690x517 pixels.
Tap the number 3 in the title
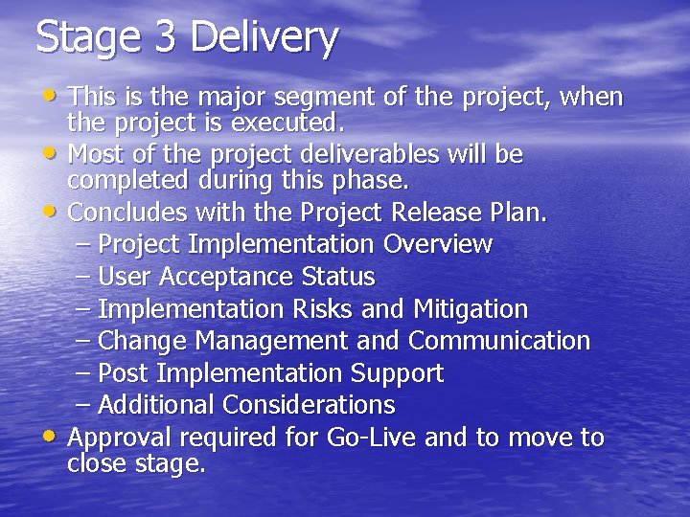click(165, 37)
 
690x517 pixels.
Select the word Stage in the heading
click(86, 38)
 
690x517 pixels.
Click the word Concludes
click(127, 212)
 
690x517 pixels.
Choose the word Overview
click(437, 244)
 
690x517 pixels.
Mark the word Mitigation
click(471, 309)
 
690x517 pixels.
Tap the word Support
click(397, 373)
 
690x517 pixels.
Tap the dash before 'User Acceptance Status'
click(83, 277)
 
